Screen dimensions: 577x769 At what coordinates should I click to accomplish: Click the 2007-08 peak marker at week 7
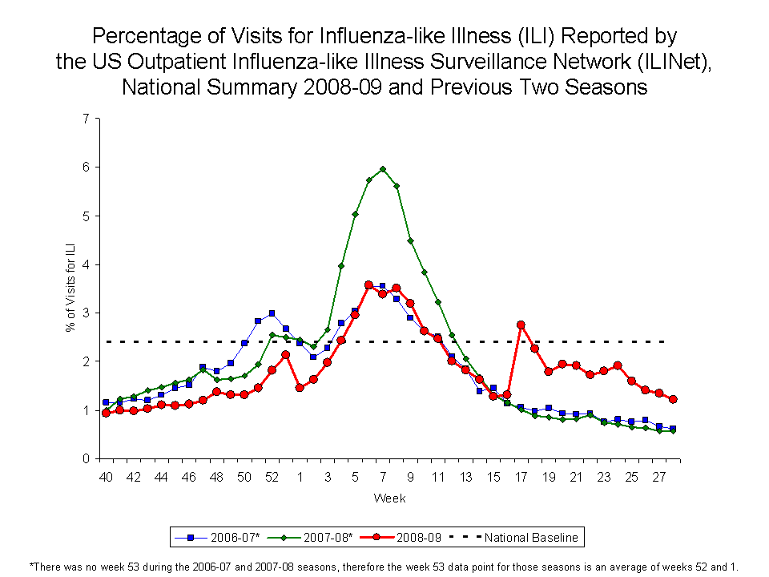tap(383, 169)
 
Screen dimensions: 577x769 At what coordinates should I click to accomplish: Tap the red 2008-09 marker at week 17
tap(521, 325)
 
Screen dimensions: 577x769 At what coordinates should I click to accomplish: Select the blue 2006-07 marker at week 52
tap(272, 313)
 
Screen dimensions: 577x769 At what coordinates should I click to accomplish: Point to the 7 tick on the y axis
tap(85, 119)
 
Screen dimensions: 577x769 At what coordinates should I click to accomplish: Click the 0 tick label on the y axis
tap(85, 459)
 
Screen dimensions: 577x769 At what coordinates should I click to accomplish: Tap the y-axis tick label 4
tap(85, 264)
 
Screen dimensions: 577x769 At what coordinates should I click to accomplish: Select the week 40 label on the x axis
tap(106, 478)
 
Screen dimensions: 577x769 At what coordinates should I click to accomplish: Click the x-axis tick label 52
tap(272, 478)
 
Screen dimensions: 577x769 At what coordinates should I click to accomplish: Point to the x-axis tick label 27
tap(659, 478)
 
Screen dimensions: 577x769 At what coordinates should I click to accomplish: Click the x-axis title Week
tap(389, 498)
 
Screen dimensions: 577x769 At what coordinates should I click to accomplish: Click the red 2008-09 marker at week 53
tap(286, 355)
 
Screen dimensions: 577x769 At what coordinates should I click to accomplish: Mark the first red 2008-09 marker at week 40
tap(106, 413)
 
